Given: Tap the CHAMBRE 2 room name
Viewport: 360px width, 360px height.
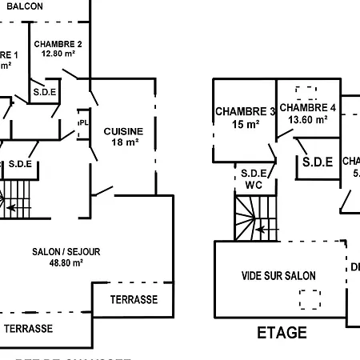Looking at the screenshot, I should point(57,44).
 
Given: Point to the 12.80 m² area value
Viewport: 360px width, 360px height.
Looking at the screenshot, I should point(57,54).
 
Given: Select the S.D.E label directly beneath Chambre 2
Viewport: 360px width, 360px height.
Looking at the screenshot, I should point(44,92).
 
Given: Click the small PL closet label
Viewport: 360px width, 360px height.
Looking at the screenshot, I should point(82,122).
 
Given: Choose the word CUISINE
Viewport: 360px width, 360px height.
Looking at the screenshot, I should point(123,131).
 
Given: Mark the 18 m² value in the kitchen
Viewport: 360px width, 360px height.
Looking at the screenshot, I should point(123,142).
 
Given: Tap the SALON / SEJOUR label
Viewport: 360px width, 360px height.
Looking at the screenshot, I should point(66,251).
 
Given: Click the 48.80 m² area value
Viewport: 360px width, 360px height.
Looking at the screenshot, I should point(66,262).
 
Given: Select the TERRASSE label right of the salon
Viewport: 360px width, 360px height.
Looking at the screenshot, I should point(133,300).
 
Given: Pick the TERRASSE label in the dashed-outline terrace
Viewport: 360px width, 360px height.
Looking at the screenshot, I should point(28,329).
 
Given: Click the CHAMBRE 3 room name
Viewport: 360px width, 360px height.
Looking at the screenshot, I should point(245,112).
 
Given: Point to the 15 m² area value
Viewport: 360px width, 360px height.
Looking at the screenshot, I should point(245,125).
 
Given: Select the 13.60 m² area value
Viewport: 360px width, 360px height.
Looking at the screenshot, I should point(308,119).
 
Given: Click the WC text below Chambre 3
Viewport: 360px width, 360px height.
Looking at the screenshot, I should point(254,183).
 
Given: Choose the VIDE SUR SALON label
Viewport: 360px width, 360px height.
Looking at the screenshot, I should point(278,276).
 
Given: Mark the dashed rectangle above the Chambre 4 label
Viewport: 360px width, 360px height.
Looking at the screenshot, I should point(306,91).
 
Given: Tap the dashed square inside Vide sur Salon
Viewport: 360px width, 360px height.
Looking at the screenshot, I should point(310,300).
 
